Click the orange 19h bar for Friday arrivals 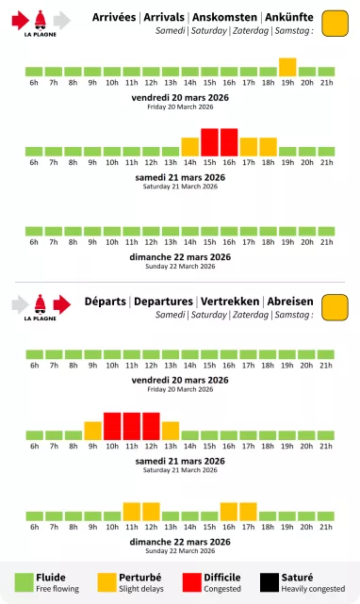pos(287,67)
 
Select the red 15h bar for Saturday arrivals pos(209,142)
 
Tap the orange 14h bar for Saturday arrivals pos(189,147)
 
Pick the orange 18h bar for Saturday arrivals pos(268,147)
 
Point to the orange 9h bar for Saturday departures pos(92,431)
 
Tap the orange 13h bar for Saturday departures pos(171,431)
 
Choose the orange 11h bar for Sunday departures pos(132,512)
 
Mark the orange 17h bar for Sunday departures pos(249,512)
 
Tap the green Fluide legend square pos(23,583)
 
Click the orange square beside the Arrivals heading pos(335,24)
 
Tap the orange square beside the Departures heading pos(335,307)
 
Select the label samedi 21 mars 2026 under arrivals pos(180,177)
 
